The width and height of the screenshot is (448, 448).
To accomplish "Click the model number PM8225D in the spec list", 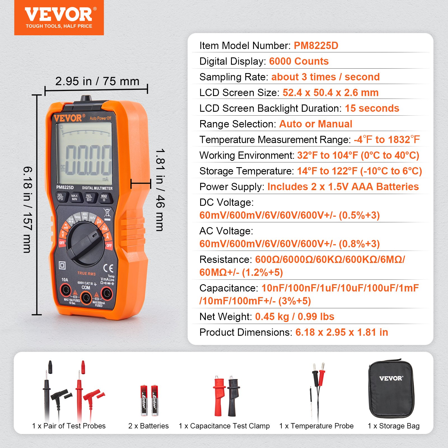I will coord(316,46).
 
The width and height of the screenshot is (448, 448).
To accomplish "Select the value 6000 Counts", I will coord(299,61).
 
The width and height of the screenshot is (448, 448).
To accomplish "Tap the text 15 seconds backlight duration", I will coord(372,108).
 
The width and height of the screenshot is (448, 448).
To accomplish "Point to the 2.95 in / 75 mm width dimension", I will coord(97,81).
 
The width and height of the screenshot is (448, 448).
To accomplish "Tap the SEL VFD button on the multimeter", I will coord(60,197).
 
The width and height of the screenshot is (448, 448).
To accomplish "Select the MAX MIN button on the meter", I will coord(74,198).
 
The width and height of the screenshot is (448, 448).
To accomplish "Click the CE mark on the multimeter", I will coord(108,268).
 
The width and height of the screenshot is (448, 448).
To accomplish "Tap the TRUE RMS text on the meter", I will coord(87,274).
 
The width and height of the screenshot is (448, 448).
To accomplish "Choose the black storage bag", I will coord(391,389).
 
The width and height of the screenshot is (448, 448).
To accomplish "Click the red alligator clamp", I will coord(219,395).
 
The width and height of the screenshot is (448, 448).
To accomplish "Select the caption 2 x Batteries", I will coord(148,426).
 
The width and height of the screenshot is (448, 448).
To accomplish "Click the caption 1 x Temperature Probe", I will coord(316,426).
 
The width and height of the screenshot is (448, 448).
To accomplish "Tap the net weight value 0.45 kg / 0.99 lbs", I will coord(295,317).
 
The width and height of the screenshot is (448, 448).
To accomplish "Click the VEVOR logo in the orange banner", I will coord(59,15).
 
